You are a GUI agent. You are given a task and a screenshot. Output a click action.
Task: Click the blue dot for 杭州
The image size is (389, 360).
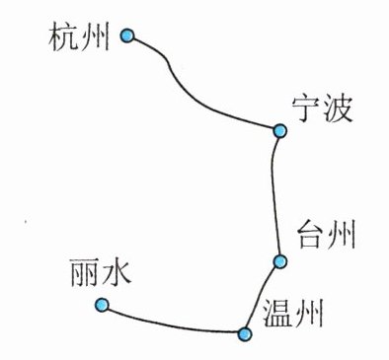[x=127, y=36]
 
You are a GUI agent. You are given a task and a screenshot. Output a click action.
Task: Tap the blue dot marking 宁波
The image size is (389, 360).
[x=280, y=131]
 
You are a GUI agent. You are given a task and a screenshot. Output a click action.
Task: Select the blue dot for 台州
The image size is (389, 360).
[x=280, y=261]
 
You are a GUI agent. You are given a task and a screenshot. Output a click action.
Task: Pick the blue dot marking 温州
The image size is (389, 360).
[x=244, y=334]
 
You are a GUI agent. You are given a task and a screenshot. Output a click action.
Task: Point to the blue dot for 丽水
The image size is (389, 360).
[x=102, y=305]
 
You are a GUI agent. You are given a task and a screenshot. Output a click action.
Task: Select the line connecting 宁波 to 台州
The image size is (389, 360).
[x=273, y=196]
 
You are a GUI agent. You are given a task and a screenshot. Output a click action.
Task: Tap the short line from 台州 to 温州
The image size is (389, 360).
[x=261, y=298]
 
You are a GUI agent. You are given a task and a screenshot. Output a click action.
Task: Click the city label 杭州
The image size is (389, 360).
[x=79, y=37]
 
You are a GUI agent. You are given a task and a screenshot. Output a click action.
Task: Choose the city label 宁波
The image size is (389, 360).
[x=323, y=109]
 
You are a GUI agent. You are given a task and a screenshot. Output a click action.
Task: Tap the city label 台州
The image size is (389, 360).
[x=327, y=235]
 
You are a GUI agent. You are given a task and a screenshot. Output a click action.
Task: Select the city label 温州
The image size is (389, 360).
[x=292, y=314]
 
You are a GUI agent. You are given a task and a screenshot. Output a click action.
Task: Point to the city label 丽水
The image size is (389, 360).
[x=101, y=271]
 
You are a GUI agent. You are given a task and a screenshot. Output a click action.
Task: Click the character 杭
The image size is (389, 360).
[x=62, y=37]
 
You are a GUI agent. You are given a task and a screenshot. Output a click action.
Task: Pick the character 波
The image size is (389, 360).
[x=338, y=109]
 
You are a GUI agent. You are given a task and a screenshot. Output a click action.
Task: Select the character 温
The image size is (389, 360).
[x=276, y=314]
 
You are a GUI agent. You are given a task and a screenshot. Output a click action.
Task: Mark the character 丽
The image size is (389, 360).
[x=84, y=271]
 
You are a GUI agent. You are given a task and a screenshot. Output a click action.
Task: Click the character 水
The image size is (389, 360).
[x=117, y=271]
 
